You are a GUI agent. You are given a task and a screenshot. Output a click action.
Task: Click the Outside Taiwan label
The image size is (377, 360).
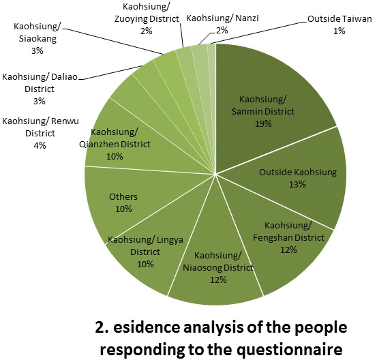[x=340, y=18]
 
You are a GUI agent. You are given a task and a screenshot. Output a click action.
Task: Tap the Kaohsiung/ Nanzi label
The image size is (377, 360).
[x=222, y=18]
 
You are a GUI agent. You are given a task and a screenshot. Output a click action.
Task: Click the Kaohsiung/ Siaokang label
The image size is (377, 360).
[x=37, y=33]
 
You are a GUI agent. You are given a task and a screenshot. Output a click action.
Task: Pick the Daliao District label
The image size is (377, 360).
[x=40, y=83]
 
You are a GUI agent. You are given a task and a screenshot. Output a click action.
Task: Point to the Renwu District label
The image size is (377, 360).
[x=40, y=127]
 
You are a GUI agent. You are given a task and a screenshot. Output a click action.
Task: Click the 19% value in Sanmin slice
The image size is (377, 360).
[x=263, y=123]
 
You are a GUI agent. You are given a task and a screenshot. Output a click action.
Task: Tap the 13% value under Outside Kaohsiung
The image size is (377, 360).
[x=297, y=185]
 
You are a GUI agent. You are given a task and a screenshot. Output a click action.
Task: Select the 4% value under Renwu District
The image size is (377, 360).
[x=40, y=145]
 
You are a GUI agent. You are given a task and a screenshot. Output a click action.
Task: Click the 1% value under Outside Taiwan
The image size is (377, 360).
[x=340, y=31]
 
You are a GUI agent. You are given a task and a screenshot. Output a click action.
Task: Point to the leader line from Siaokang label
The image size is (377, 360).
[x=112, y=41]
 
